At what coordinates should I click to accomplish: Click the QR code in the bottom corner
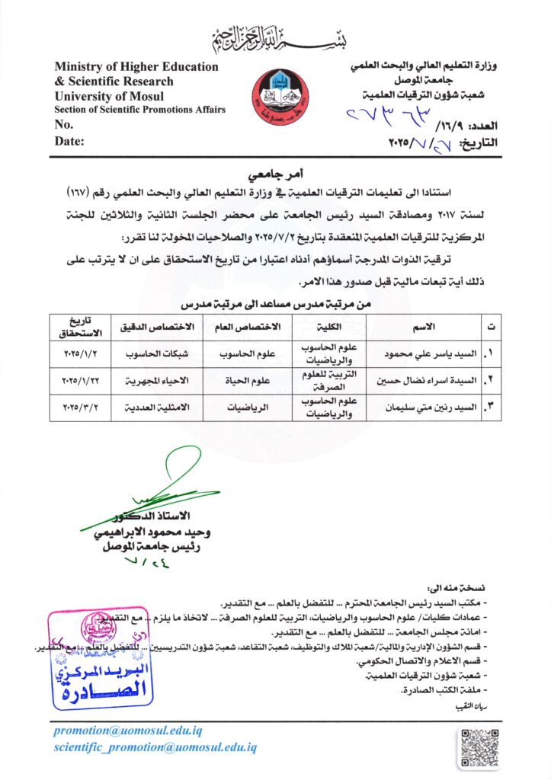tap(481, 749)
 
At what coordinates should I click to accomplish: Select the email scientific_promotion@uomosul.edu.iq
tap(155, 748)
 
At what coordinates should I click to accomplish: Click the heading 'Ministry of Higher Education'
tap(136, 66)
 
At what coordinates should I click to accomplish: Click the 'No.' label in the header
tap(64, 124)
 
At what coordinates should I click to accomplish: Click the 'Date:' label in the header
tap(69, 140)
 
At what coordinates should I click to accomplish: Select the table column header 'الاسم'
tap(422, 327)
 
